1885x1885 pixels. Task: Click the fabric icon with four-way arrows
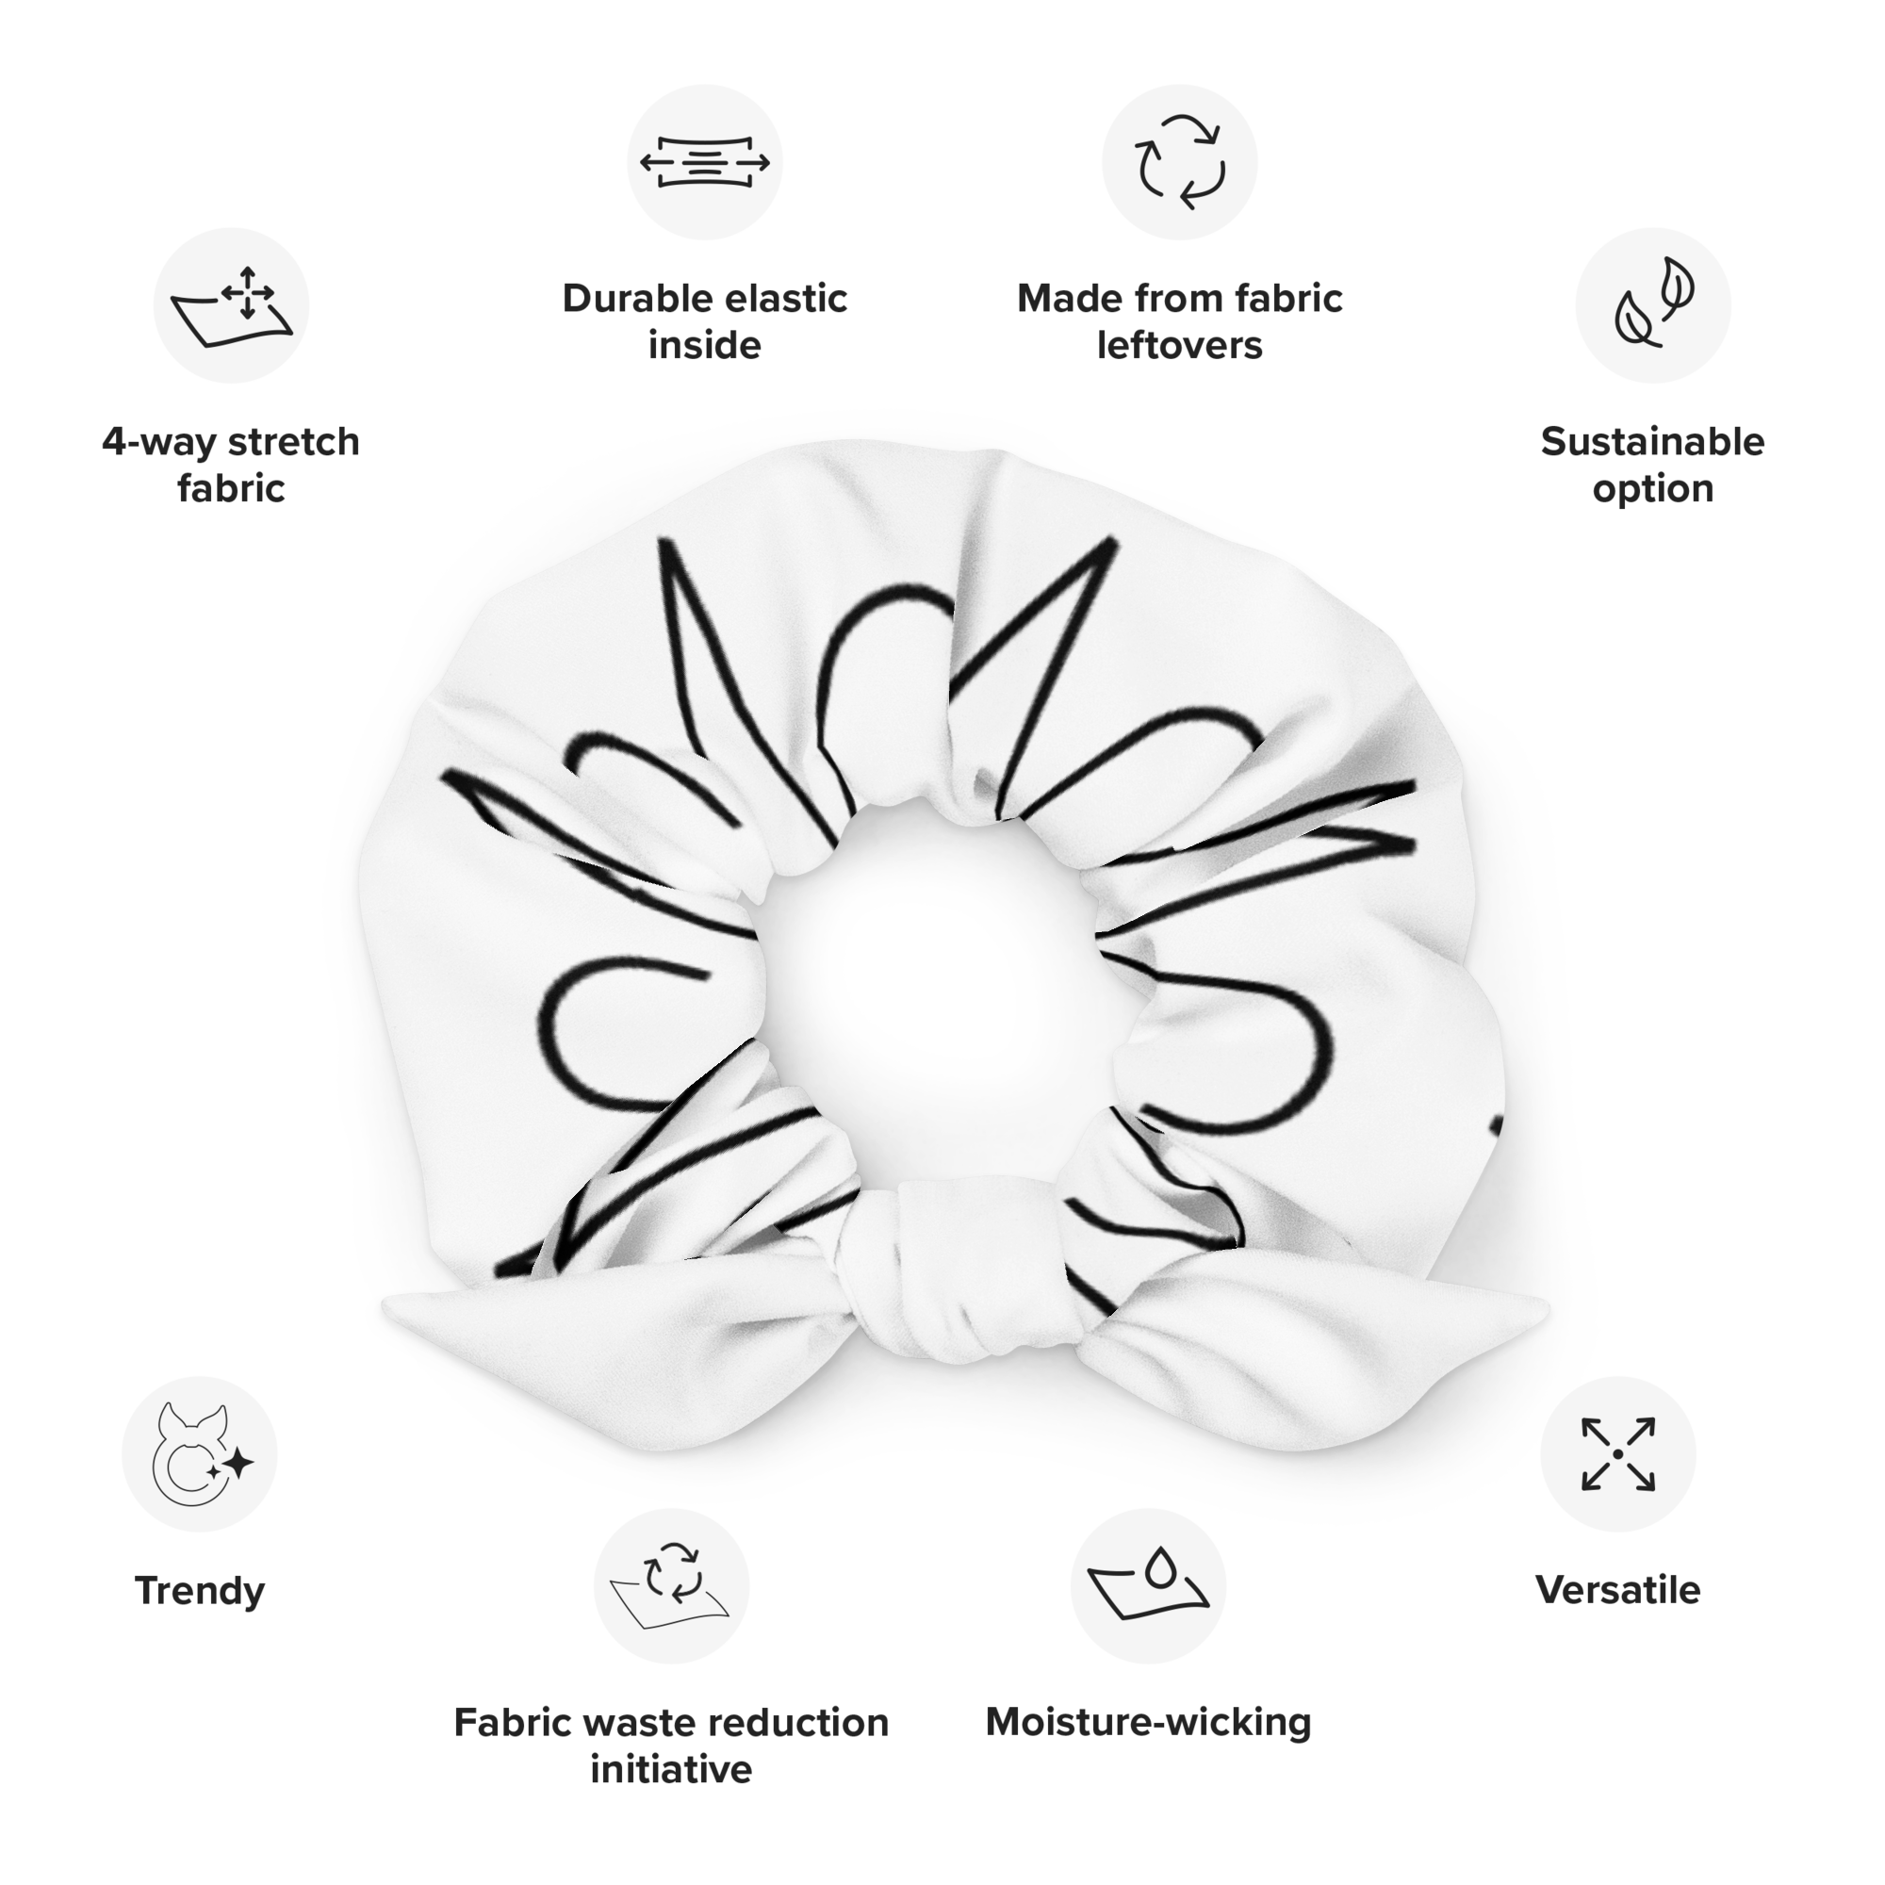[232, 305]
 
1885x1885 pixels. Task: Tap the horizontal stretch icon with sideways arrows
[704, 161]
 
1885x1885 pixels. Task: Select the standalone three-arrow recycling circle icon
[1181, 162]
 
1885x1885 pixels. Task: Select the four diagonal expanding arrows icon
[1617, 1453]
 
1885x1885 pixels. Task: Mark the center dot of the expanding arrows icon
[1617, 1453]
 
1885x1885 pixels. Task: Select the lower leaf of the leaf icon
[1635, 322]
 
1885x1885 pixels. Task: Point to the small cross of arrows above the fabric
[247, 290]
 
